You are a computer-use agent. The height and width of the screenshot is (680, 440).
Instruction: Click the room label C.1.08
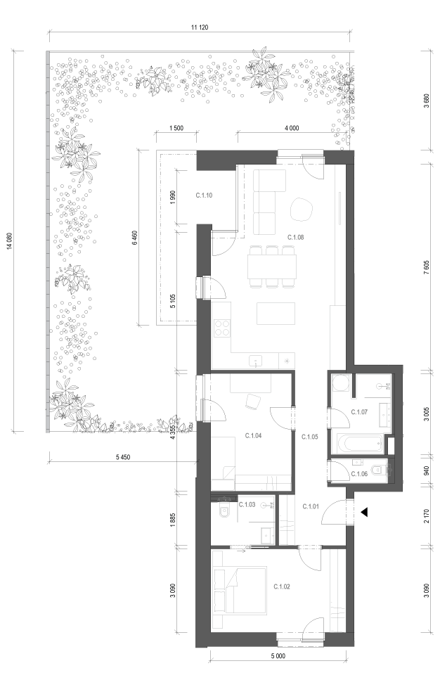(x=296, y=237)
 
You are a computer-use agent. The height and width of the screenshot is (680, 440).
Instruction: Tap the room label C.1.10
(x=204, y=195)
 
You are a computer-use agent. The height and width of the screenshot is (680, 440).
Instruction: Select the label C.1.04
(x=253, y=435)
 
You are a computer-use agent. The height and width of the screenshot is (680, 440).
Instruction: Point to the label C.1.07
(x=359, y=411)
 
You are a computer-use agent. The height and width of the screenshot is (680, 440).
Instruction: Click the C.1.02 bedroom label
(x=282, y=586)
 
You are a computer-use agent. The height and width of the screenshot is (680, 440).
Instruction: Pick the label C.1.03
(x=247, y=505)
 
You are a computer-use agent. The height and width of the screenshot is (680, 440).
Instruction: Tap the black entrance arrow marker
(x=364, y=512)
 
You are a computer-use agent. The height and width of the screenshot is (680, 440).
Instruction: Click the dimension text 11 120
(x=200, y=27)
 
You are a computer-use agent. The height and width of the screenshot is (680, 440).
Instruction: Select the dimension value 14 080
(x=9, y=241)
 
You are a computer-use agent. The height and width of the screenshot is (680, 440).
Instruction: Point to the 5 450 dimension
(x=123, y=457)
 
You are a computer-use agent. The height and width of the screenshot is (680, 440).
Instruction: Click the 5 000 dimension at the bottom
(x=278, y=655)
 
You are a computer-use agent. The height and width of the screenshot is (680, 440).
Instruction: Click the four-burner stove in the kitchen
(x=222, y=328)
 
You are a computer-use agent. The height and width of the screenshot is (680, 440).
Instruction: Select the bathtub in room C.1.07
(x=360, y=443)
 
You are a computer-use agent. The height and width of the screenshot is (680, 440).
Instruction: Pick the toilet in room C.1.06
(x=380, y=468)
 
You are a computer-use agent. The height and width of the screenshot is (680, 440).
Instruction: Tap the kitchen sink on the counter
(x=255, y=360)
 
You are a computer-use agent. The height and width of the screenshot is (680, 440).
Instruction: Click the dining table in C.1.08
(x=272, y=267)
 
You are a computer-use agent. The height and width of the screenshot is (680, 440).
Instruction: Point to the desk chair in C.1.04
(x=252, y=401)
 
